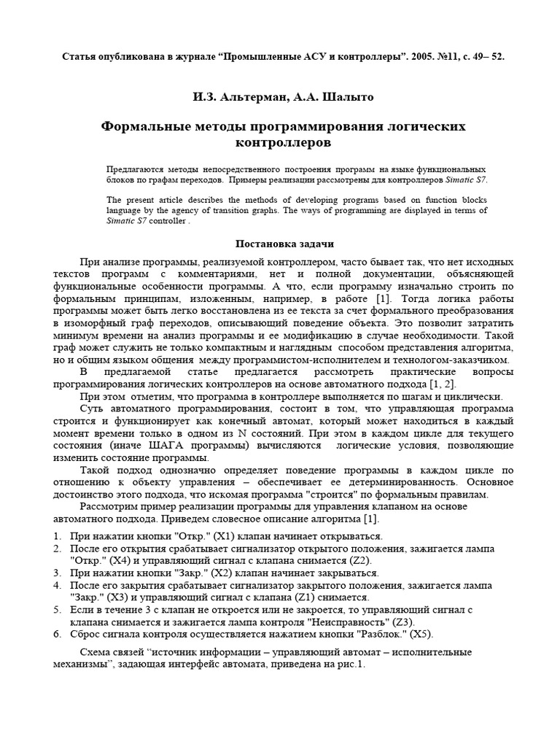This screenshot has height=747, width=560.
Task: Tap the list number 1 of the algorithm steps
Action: (x=57, y=536)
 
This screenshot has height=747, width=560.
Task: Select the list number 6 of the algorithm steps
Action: (x=57, y=635)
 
